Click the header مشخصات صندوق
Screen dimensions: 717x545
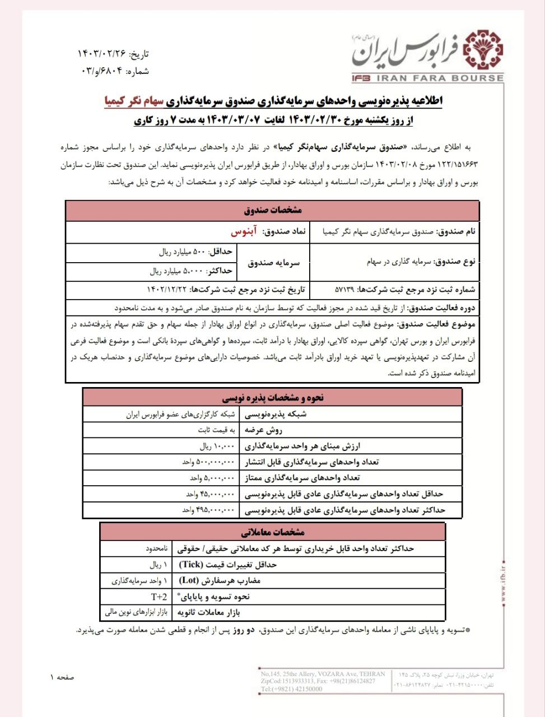click(x=273, y=210)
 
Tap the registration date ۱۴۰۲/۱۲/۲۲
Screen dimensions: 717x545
click(x=166, y=290)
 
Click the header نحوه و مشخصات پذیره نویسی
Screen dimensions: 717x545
click(x=273, y=398)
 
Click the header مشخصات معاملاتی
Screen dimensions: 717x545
click(x=273, y=532)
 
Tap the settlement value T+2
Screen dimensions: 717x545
click(x=159, y=597)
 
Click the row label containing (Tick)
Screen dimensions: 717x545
click(x=227, y=565)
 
